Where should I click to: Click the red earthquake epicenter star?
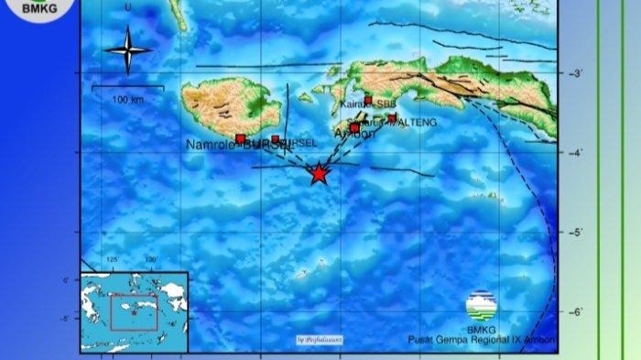[x=318, y=173]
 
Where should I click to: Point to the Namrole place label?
[x=212, y=145]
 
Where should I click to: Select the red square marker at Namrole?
[x=240, y=139]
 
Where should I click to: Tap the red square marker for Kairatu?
[x=368, y=101]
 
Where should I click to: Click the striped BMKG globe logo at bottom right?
[x=482, y=305]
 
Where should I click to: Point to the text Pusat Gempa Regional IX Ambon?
[x=482, y=340]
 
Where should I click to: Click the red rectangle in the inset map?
[x=135, y=311]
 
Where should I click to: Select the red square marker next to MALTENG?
[x=392, y=118]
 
